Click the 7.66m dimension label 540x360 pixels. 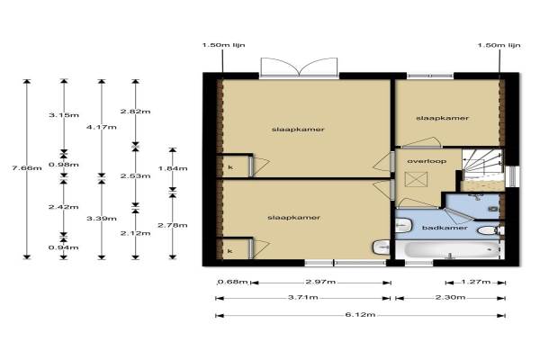27,168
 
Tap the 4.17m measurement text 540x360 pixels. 101,127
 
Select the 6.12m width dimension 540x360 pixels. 360,314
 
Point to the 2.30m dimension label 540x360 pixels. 451,297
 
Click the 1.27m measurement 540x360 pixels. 475,282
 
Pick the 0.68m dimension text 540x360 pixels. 233,282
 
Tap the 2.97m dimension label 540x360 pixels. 320,282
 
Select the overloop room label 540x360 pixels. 427,161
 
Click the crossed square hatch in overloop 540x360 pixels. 416,179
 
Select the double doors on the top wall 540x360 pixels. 299,67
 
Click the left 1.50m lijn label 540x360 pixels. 223,45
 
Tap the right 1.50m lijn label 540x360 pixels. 499,45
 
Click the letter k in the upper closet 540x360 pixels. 230,167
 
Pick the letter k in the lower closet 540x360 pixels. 230,251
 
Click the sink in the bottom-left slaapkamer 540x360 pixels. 381,247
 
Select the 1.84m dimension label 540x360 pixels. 173,168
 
